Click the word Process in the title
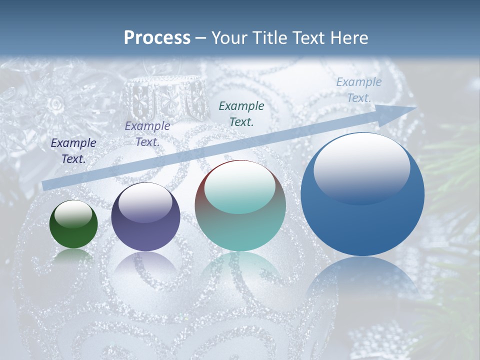157,38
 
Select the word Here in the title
349,38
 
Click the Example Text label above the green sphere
73,151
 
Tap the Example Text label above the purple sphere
147,134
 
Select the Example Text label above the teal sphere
241,113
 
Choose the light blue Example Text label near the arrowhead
359,90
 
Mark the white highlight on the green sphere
73,214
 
